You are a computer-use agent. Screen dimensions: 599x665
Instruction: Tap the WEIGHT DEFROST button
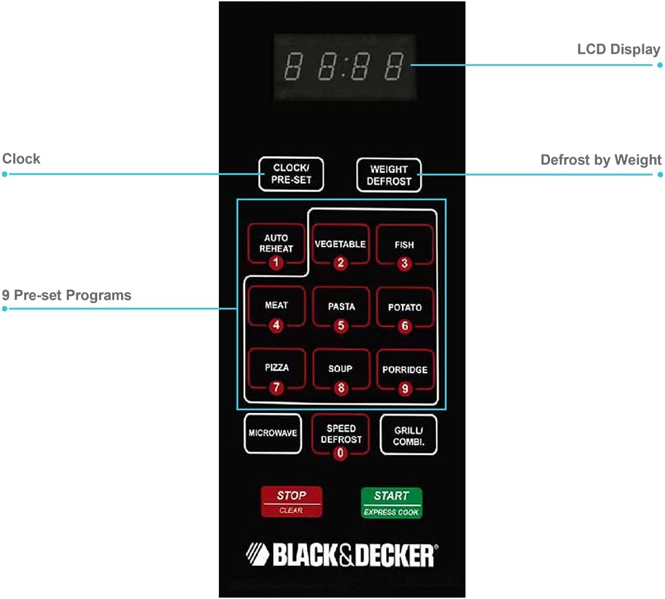tap(389, 175)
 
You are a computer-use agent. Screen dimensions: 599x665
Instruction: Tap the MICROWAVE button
tap(273, 434)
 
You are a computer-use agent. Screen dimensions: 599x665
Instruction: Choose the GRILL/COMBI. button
tap(409, 435)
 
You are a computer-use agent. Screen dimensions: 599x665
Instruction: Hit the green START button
tap(392, 503)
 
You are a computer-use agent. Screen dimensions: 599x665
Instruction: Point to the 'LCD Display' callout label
tap(618, 50)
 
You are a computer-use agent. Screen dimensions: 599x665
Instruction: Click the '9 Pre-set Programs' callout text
tap(66, 295)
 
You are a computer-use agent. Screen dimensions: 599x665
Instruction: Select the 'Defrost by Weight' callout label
tap(600, 160)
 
